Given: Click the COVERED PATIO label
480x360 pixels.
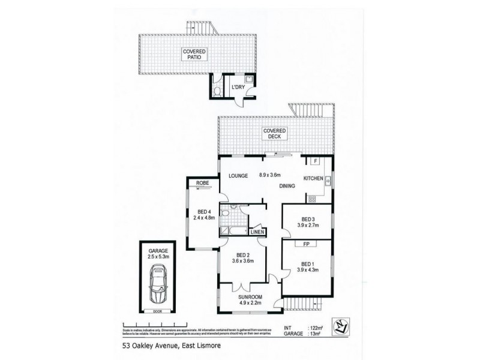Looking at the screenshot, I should tap(194, 55).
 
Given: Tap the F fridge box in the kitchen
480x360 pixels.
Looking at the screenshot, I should tap(313, 161).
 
